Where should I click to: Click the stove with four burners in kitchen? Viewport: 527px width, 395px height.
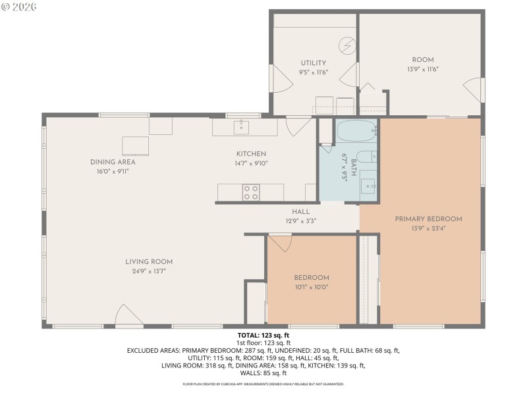click(251, 192)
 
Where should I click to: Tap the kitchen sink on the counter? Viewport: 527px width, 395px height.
click(241, 126)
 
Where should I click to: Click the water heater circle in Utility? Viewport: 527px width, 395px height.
click(347, 45)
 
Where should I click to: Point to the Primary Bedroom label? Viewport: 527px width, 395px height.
click(428, 219)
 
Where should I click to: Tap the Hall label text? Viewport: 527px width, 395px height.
click(301, 212)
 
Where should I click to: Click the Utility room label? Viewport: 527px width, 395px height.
click(314, 63)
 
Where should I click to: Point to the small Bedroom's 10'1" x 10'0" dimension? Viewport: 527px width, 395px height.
click(312, 287)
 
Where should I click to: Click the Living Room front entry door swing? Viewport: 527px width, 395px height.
click(128, 316)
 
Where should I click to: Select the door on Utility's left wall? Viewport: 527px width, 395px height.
click(281, 80)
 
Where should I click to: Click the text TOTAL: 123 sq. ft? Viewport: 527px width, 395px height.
click(263, 335)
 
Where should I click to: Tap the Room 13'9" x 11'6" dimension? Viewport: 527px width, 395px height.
click(423, 68)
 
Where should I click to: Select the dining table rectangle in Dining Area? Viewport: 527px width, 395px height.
click(135, 145)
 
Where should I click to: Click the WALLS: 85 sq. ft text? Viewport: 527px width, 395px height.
click(263, 373)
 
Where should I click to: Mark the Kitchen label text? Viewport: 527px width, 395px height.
click(251, 154)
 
